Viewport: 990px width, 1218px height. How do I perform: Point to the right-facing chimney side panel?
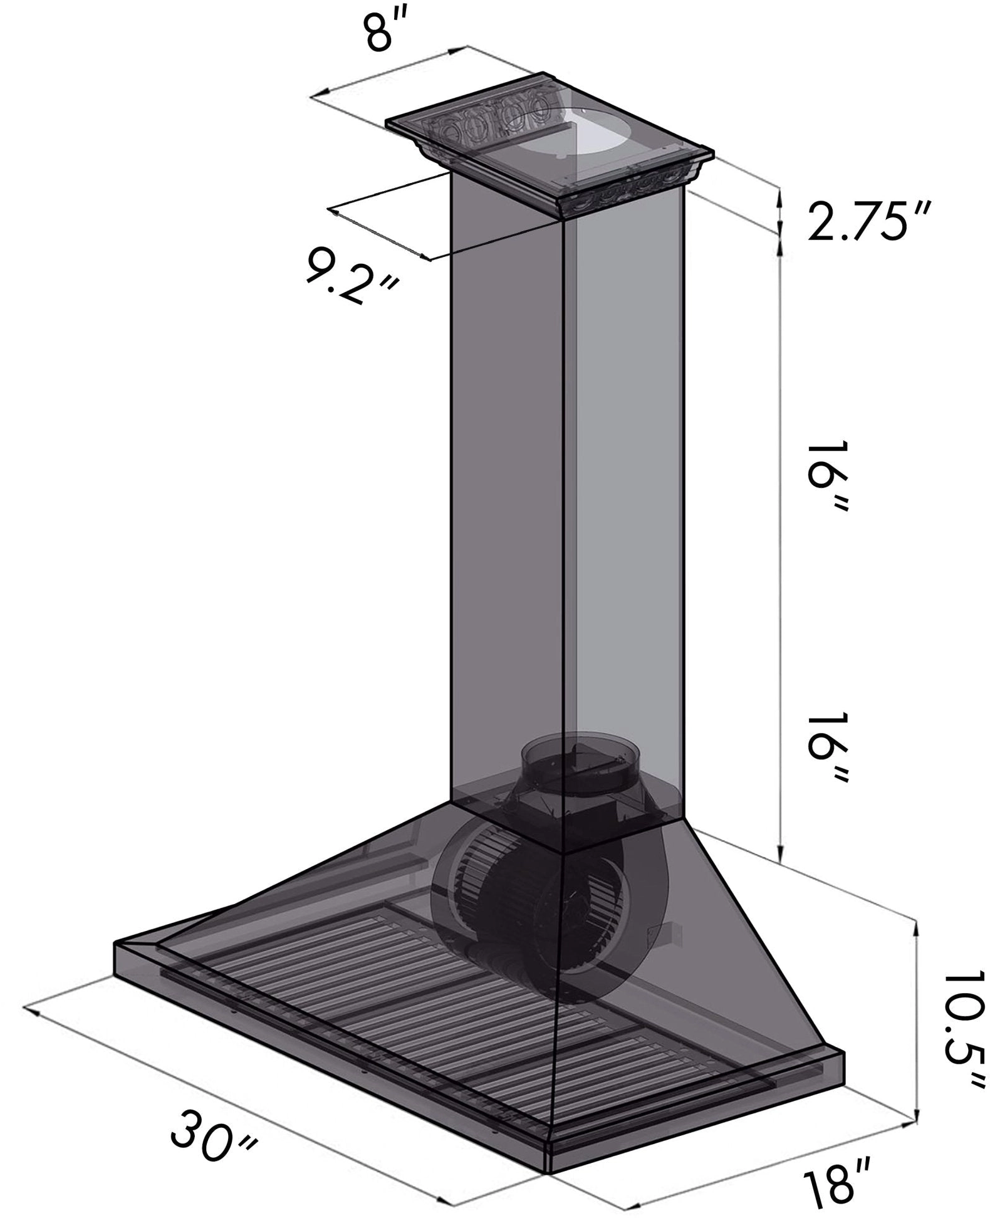click(627, 501)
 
